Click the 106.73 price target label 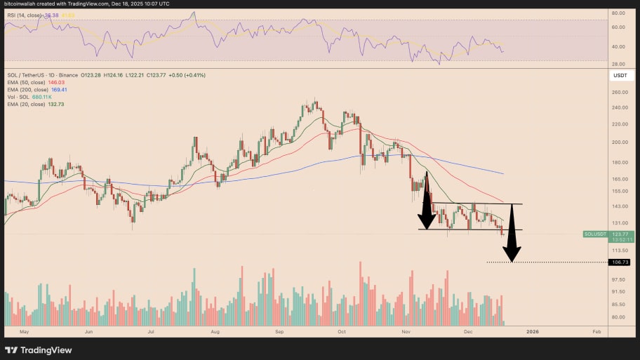click(620, 262)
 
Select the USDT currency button click(620, 74)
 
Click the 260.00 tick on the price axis click(618, 92)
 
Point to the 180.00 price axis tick click(618, 163)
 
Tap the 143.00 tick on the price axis click(618, 207)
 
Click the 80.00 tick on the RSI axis click(618, 13)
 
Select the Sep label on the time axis click(279, 330)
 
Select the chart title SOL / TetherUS click(31, 74)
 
